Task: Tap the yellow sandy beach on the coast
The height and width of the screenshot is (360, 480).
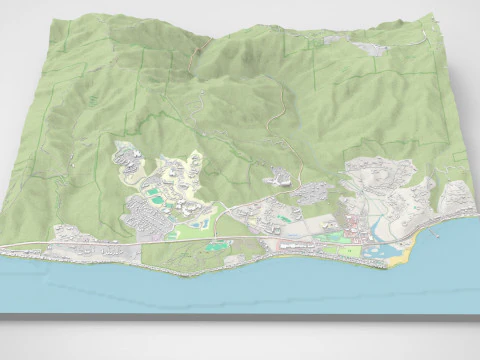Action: [398, 259]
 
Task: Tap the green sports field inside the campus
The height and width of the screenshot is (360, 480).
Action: [153, 190]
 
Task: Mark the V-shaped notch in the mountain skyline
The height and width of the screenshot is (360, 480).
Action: [199, 46]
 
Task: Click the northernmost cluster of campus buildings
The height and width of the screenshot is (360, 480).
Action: [128, 155]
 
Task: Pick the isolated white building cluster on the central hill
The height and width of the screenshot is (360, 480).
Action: [281, 178]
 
